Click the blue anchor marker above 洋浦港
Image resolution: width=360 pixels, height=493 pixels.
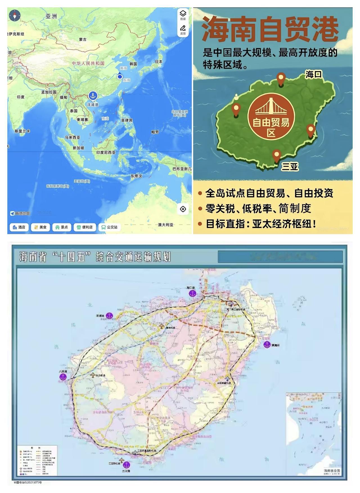tap(93, 96)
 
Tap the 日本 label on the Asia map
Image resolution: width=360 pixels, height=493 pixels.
tap(159, 62)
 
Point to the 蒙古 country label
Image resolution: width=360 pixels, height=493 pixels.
tap(83, 40)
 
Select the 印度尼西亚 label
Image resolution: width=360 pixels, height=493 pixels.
tap(106, 152)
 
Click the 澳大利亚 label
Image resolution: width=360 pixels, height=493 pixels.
tap(166, 225)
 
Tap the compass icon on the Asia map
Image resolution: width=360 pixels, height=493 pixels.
tap(15, 15)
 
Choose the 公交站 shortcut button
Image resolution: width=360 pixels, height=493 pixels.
tap(109, 227)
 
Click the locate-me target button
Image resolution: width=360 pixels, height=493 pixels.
tap(183, 209)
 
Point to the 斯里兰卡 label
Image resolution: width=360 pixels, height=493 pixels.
tap(22, 131)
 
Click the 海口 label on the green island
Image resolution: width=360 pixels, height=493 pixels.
tap(314, 74)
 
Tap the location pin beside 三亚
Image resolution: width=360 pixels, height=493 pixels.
tap(277, 155)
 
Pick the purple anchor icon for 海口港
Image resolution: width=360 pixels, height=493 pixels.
tap(192, 293)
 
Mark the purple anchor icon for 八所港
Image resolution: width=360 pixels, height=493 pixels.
tap(63, 377)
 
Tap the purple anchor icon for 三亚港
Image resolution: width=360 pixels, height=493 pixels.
tap(127, 464)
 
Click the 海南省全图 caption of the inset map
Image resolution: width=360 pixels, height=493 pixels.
tap(332, 471)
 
